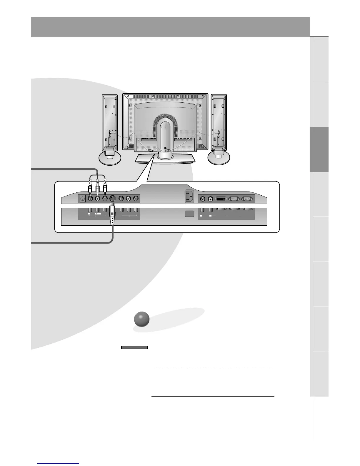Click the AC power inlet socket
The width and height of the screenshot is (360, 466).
(189, 196)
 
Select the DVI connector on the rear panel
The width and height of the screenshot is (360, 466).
(221, 199)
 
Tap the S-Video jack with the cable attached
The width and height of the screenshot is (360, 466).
(112, 199)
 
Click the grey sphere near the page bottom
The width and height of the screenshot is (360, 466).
(141, 320)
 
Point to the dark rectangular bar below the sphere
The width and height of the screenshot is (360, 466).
(134, 347)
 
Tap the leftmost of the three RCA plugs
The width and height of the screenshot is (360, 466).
(90, 187)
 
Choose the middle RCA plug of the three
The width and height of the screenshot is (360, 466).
(97, 187)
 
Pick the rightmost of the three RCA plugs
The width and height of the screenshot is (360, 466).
(105, 187)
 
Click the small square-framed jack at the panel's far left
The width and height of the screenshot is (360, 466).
(82, 199)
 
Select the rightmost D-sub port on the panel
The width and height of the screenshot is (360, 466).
(246, 199)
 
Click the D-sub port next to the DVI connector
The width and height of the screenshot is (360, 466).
(234, 199)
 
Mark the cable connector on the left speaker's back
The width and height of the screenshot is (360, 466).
(110, 133)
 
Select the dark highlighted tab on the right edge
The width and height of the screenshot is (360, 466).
(319, 149)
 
